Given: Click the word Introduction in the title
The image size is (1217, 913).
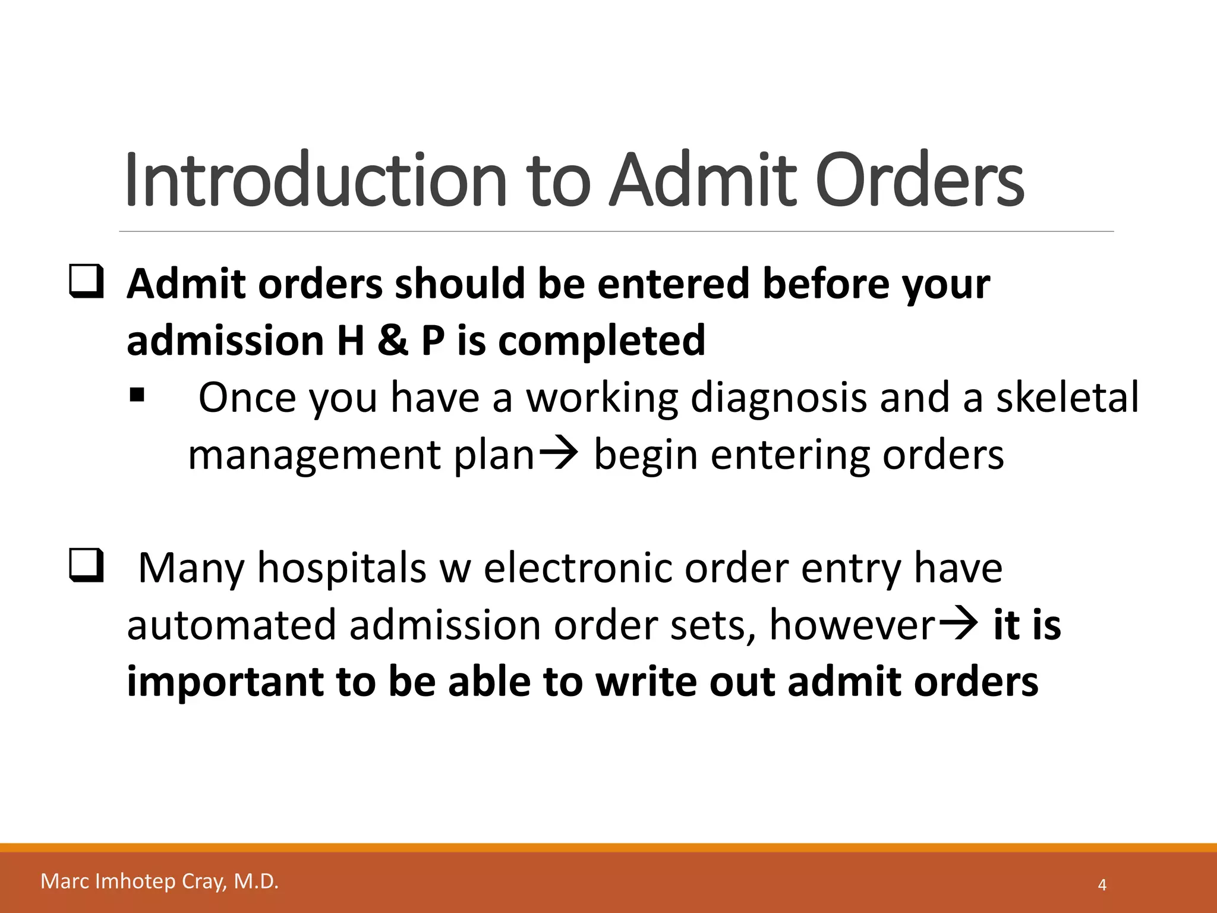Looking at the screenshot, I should click(x=315, y=180).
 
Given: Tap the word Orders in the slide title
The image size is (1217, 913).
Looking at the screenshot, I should click(x=919, y=180).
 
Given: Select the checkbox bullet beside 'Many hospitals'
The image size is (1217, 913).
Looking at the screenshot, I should click(x=87, y=566).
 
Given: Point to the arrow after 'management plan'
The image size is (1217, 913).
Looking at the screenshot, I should click(x=557, y=454).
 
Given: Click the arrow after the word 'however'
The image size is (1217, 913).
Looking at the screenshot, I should click(x=957, y=624).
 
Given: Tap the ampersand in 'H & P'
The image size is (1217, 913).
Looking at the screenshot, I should click(x=392, y=341).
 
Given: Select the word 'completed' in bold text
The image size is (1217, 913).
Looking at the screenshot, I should click(x=601, y=341).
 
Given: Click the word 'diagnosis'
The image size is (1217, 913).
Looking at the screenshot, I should click(x=778, y=397).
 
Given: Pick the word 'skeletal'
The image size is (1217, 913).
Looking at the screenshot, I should click(x=1067, y=397).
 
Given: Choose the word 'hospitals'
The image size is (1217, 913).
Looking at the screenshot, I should click(x=342, y=568).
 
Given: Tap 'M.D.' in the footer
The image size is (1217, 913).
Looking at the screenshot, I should click(x=256, y=881).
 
